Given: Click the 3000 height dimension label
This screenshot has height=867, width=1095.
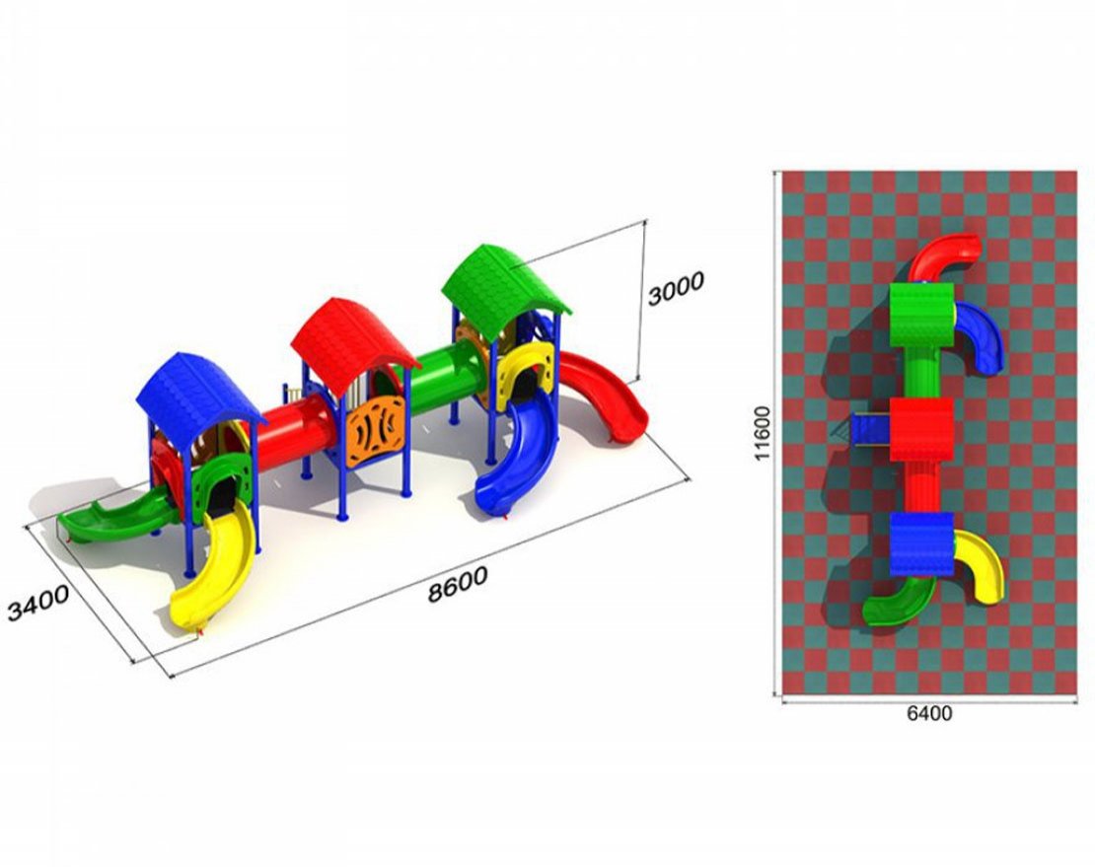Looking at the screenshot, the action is point(676,288).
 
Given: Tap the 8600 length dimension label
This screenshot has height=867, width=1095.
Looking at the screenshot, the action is point(458,585).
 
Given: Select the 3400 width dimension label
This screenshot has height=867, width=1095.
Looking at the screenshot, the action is point(38,603).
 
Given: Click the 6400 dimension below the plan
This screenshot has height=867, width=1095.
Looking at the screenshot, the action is point(929,713).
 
